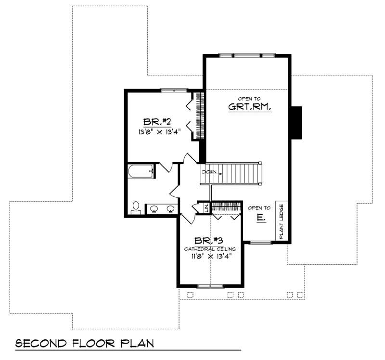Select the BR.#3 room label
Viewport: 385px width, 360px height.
tap(208, 240)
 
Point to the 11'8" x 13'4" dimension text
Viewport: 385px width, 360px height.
tap(210, 256)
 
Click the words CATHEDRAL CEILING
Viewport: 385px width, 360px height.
tap(210, 248)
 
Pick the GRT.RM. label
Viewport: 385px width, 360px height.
tap(250, 107)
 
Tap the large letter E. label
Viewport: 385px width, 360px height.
tap(260, 218)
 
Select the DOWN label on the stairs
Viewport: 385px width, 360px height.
tap(209, 171)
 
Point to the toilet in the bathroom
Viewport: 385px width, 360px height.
tap(136, 207)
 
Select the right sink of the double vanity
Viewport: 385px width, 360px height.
tap(170, 209)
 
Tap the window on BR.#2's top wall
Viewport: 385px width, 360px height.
tap(174, 90)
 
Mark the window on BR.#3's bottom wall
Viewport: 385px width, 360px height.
tap(210, 286)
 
